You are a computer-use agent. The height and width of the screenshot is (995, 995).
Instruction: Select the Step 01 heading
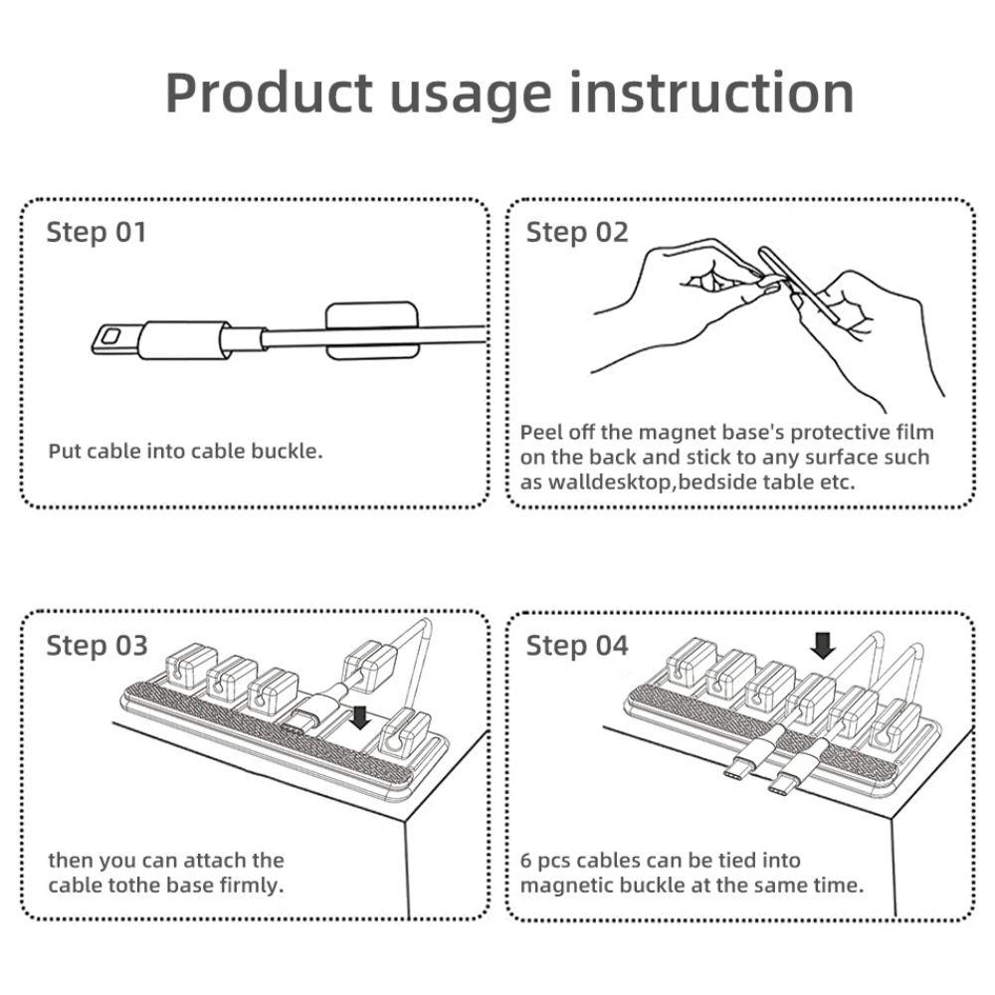click(x=97, y=233)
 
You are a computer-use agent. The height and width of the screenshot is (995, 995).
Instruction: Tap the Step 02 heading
click(x=577, y=233)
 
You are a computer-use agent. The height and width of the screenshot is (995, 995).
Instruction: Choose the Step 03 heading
click(x=97, y=646)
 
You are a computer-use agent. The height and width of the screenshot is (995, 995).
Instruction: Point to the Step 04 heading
click(x=577, y=646)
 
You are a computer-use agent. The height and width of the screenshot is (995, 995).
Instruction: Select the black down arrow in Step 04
click(x=822, y=646)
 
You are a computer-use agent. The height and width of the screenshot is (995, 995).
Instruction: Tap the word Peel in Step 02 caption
click(x=541, y=433)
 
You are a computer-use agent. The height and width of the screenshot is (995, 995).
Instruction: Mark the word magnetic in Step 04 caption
click(x=569, y=885)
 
